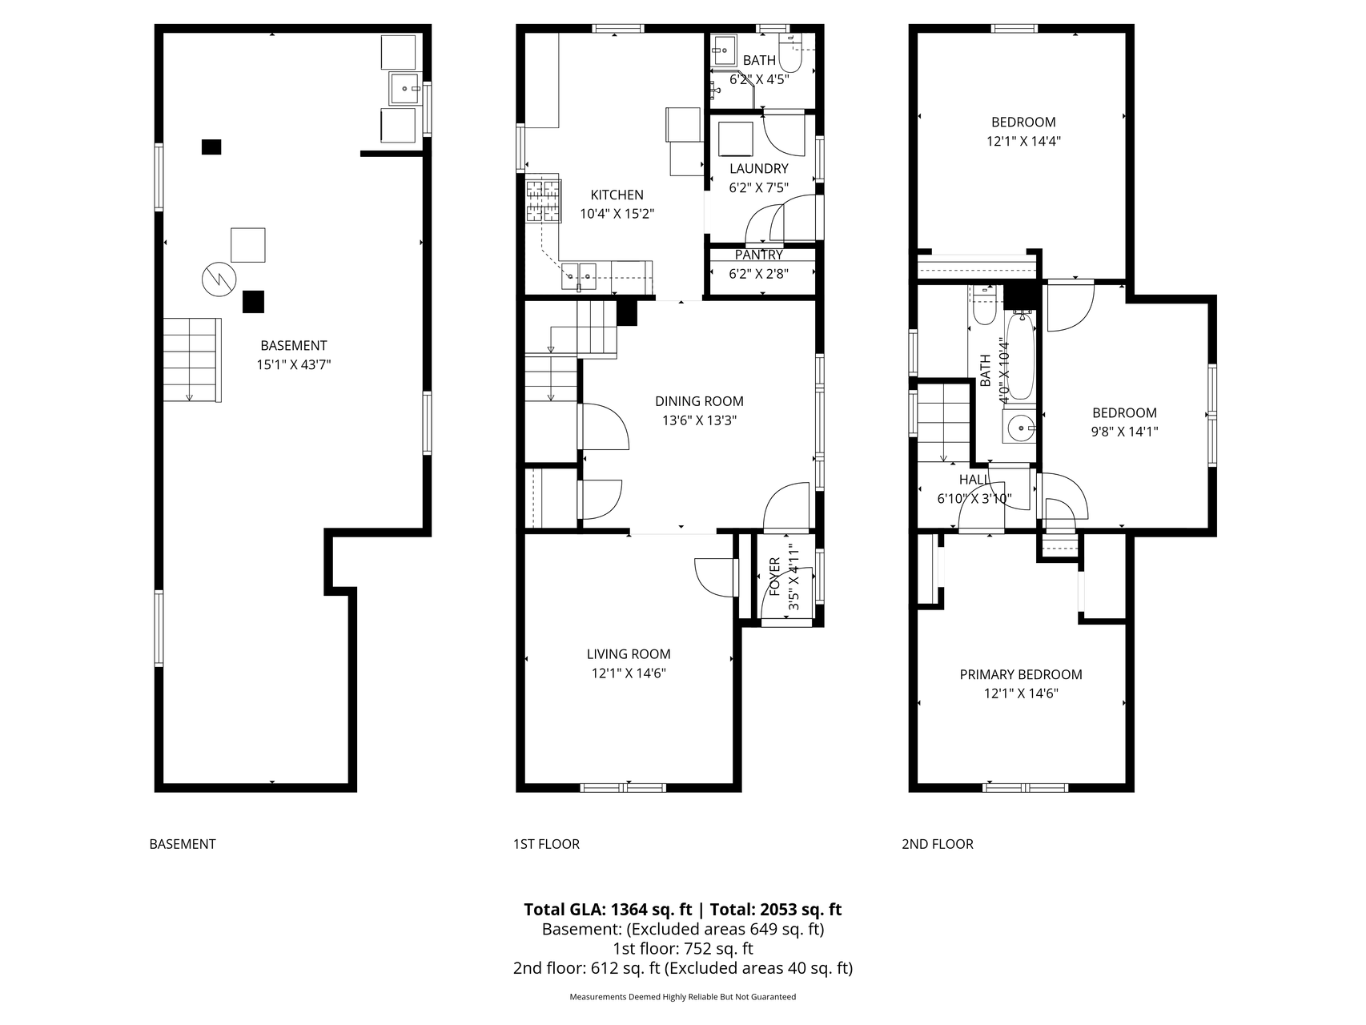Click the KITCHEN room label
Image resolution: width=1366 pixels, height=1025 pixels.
(x=617, y=195)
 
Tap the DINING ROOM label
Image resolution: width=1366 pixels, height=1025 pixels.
(x=699, y=401)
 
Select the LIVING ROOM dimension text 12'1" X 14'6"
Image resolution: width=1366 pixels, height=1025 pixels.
(x=629, y=673)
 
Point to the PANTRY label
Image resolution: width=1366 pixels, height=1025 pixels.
(x=758, y=255)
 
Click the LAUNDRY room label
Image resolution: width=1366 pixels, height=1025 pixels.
(x=758, y=168)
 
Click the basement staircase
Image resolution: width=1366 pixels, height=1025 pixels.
(x=192, y=360)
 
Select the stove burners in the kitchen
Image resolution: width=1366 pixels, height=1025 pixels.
(x=543, y=199)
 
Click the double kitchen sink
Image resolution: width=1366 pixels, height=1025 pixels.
(x=577, y=275)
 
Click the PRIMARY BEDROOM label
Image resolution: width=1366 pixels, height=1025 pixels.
(x=1021, y=675)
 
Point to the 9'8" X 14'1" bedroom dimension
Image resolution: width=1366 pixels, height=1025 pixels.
(x=1125, y=432)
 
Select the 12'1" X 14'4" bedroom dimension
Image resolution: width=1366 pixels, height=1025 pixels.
(x=1023, y=141)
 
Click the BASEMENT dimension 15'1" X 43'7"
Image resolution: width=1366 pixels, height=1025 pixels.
(x=294, y=364)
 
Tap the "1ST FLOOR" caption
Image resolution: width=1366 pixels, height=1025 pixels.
(x=546, y=844)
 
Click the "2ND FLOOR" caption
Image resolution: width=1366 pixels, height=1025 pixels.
(x=938, y=844)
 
